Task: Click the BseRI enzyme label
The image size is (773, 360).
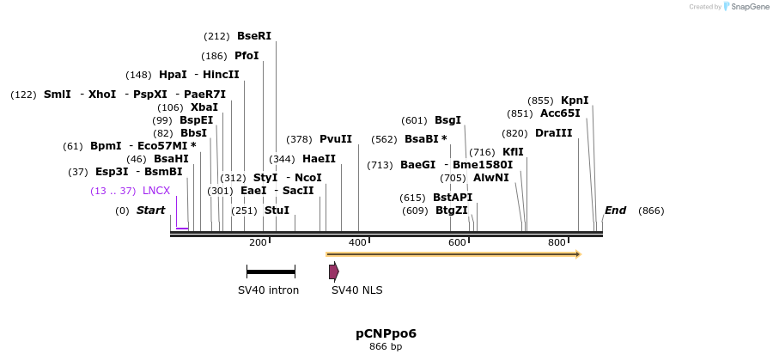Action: [253, 36]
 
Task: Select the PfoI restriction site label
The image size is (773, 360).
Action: [247, 56]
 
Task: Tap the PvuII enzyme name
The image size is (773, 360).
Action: [336, 139]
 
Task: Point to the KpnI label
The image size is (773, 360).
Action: [575, 100]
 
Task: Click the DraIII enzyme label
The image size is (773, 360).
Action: [553, 133]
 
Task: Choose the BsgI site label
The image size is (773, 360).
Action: [447, 120]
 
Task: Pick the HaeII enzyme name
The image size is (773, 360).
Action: [319, 159]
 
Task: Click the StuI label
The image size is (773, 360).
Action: [277, 211]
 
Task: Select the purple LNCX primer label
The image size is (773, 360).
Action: [156, 191]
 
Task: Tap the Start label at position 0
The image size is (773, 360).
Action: [150, 211]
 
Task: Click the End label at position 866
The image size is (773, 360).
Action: [615, 211]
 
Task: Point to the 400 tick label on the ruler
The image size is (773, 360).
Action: [358, 243]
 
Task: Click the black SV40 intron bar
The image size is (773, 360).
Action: [271, 272]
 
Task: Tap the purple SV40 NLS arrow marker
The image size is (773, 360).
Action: [333, 272]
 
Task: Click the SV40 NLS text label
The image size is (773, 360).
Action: [356, 290]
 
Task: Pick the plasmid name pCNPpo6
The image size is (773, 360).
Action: [386, 333]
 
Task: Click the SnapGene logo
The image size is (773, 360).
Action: [746, 7]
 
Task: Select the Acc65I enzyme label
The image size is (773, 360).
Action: [560, 113]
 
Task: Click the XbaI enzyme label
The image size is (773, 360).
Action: [204, 107]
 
